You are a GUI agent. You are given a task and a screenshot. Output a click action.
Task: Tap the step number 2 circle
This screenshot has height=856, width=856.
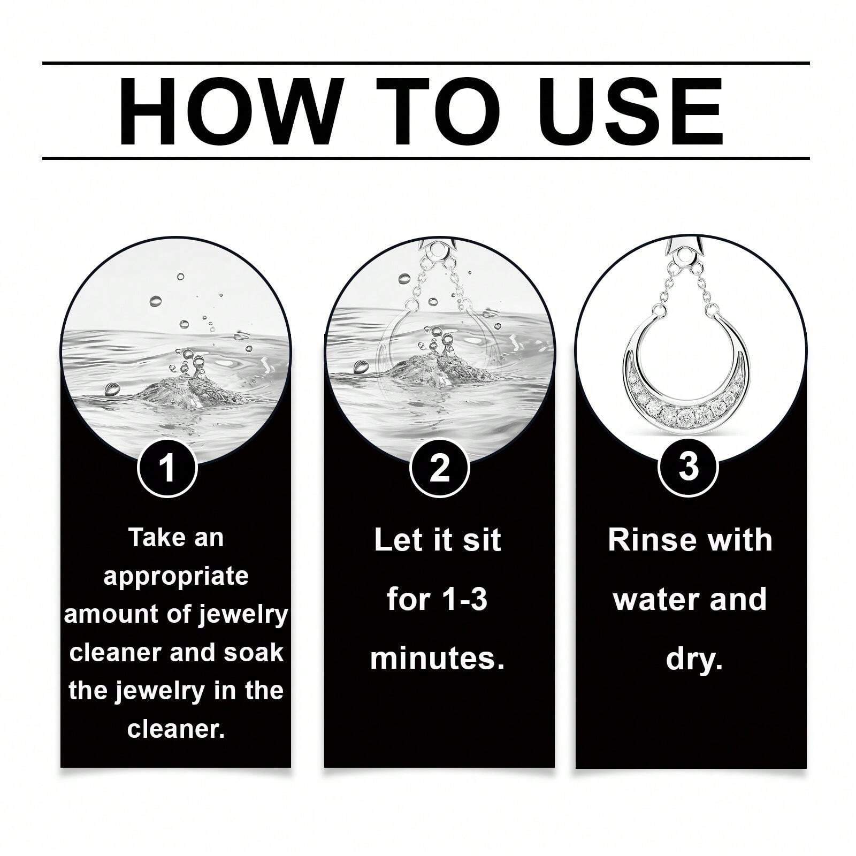coord(440,468)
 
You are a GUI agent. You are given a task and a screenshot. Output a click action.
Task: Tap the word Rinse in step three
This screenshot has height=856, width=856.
coord(646,540)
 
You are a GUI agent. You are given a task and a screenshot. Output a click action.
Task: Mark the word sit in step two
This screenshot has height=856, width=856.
coord(482,540)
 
